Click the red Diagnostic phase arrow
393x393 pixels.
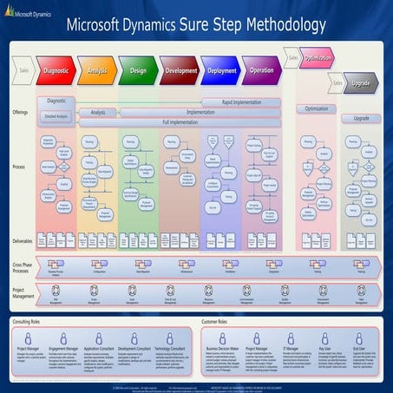click(56, 70)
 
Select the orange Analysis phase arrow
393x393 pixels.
click(98, 70)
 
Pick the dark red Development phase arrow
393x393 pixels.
click(180, 70)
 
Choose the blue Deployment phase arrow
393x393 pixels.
click(222, 70)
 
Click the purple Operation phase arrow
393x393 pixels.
click(263, 70)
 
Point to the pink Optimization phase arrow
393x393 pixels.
click(319, 59)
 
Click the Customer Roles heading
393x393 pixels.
click(222, 321)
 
